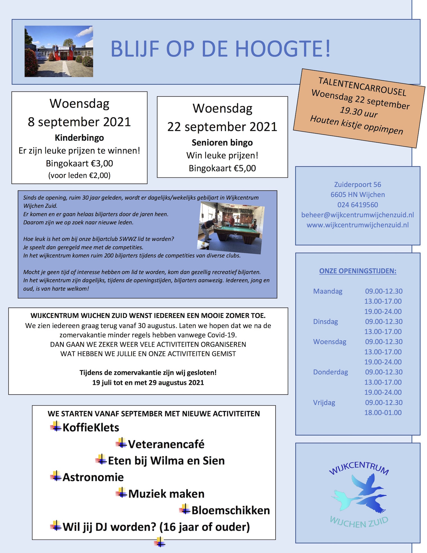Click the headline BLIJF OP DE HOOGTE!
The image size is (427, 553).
pyautogui.click(x=221, y=49)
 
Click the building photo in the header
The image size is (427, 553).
pyautogui.click(x=59, y=51)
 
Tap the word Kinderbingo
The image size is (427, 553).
pyautogui.click(x=79, y=138)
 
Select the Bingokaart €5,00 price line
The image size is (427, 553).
pyautogui.click(x=222, y=168)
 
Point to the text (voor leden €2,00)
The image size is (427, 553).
pyautogui.click(x=79, y=175)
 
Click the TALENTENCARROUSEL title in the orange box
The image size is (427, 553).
pyautogui.click(x=362, y=86)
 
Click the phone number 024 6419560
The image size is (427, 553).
pyautogui.click(x=358, y=205)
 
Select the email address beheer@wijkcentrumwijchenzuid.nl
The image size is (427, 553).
pyautogui.click(x=358, y=215)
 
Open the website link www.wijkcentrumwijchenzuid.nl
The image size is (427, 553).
pyautogui.click(x=358, y=225)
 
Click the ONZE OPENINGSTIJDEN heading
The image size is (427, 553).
pyautogui.click(x=358, y=271)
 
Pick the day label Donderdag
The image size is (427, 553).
pyautogui.click(x=330, y=372)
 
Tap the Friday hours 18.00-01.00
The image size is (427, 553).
pyautogui.click(x=383, y=412)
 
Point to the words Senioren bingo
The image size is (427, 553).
pyautogui.click(x=222, y=143)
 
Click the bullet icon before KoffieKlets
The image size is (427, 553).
pyautogui.click(x=56, y=427)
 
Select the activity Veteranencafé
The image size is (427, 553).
pyautogui.click(x=166, y=444)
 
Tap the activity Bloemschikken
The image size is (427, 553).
pyautogui.click(x=231, y=510)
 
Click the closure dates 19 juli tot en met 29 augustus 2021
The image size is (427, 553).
pyautogui.click(x=148, y=383)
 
